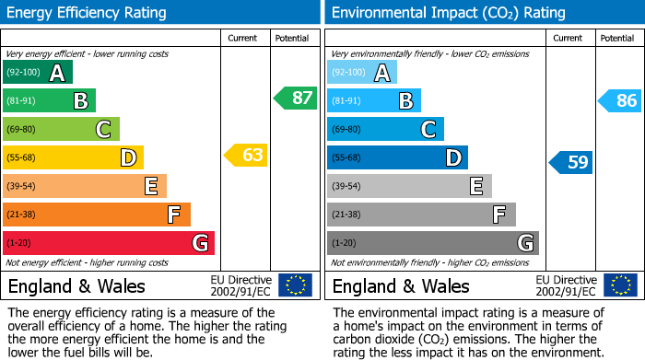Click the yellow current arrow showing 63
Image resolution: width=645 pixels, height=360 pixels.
coord(246,156)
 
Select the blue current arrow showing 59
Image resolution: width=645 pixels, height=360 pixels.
coord(571,163)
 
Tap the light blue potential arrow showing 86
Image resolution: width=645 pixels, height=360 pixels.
coord(620,100)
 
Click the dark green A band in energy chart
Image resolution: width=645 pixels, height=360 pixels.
coord(38,73)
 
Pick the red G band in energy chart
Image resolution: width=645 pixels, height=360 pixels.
coord(109,243)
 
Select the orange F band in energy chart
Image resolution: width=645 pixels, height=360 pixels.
coord(97,215)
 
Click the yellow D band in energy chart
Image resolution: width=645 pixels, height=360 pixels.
coord(74,157)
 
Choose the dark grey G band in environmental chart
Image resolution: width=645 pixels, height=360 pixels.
coord(433,243)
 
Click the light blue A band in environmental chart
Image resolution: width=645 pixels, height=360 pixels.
coord(362,73)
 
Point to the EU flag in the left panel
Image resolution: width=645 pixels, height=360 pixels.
coord(295,285)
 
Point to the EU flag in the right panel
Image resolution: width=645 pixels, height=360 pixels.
coord(620,285)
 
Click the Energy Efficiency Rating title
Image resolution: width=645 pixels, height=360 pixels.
coord(88,13)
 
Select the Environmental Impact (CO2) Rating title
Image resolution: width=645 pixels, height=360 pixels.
coord(448,13)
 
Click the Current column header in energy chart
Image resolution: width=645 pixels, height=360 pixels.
coord(244,38)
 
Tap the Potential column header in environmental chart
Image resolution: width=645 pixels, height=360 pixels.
coord(616,38)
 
